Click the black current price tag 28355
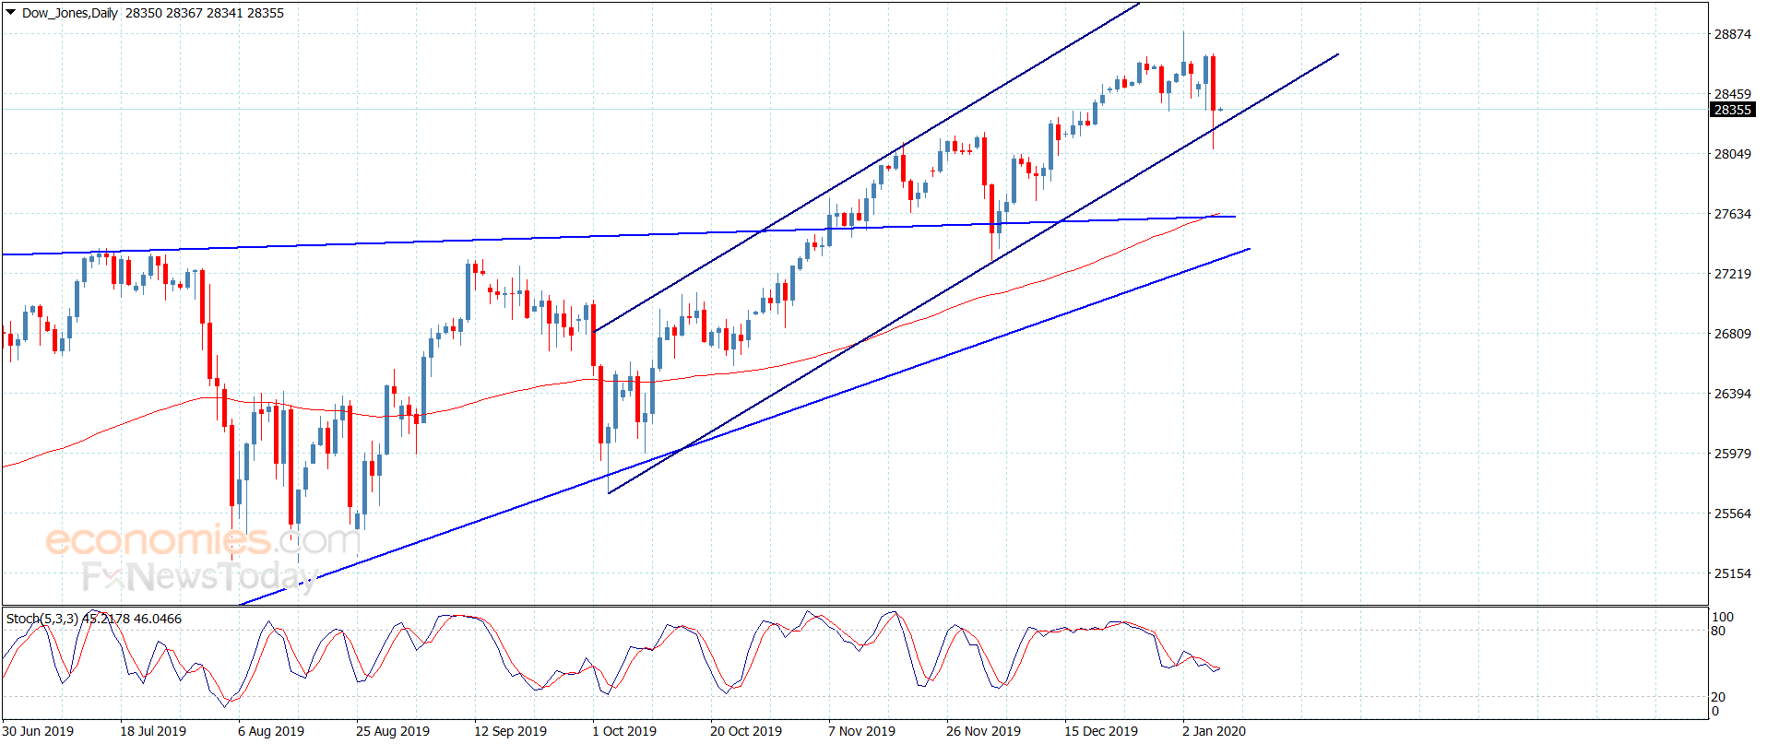coord(1732,110)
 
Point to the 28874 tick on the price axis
coord(1732,34)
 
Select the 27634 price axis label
coord(1732,214)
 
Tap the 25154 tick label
coord(1732,573)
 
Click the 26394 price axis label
coord(1732,394)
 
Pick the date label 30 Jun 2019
coord(38,731)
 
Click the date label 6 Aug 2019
coord(271,731)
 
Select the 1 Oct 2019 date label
coord(624,731)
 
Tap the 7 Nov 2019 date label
coord(861,731)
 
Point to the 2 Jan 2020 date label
coord(1214,731)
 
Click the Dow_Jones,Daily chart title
coord(69,13)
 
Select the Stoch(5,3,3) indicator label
coord(42,619)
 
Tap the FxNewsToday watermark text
coord(199,577)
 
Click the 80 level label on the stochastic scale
coord(1718,632)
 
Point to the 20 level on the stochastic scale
coord(1718,697)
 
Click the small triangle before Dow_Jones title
coord(10,13)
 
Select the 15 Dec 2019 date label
coord(1101,731)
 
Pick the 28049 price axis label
coord(1732,154)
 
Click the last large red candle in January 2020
coord(1213,83)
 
